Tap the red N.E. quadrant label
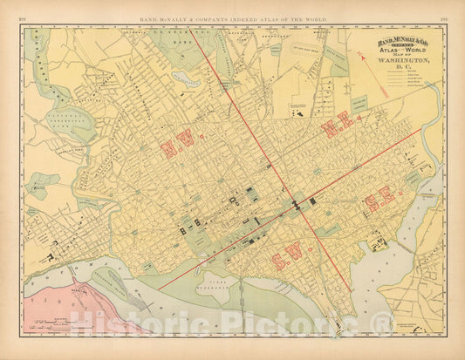click(x=337, y=126)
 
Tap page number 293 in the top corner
click(x=444, y=18)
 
